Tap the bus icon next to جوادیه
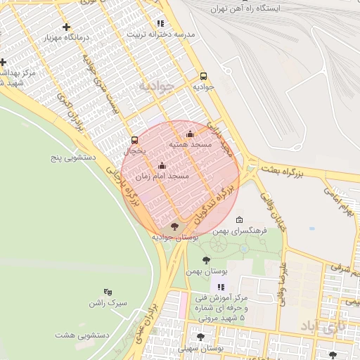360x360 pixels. pyautogui.click(x=203, y=76)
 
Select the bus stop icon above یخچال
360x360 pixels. pyautogui.click(x=134, y=139)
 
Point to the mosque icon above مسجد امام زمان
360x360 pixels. pyautogui.click(x=162, y=165)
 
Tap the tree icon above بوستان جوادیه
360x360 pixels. pyautogui.click(x=174, y=226)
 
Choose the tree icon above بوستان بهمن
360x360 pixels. pyautogui.click(x=205, y=261)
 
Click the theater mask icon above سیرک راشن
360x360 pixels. pyautogui.click(x=108, y=292)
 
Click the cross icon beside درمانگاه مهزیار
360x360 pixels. pyautogui.click(x=66, y=27)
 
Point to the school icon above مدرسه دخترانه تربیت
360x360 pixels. pyautogui.click(x=160, y=23)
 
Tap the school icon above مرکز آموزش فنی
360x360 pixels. pyautogui.click(x=221, y=287)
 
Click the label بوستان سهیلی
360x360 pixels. pyautogui.click(x=201, y=348)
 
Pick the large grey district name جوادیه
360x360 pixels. pyautogui.click(x=155, y=86)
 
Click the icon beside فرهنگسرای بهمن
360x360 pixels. pyautogui.click(x=239, y=220)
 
